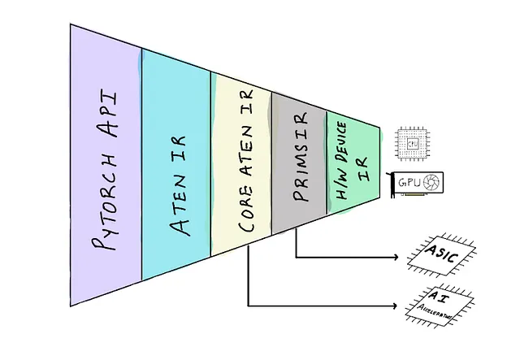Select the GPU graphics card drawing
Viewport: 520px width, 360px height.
pyautogui.click(x=419, y=184)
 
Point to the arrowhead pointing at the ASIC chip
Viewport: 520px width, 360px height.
pyautogui.click(x=397, y=258)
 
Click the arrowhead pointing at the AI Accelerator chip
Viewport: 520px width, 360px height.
pyautogui.click(x=397, y=306)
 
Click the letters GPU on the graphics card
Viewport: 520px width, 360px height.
pyautogui.click(x=408, y=183)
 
